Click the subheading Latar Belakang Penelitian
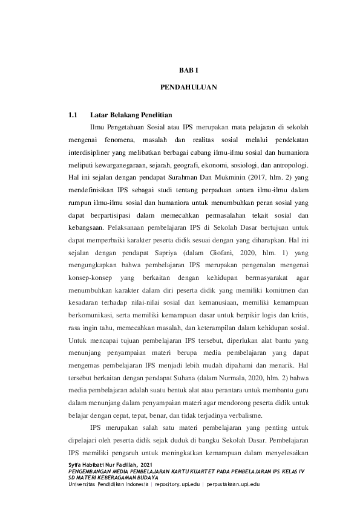click(131, 115)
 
